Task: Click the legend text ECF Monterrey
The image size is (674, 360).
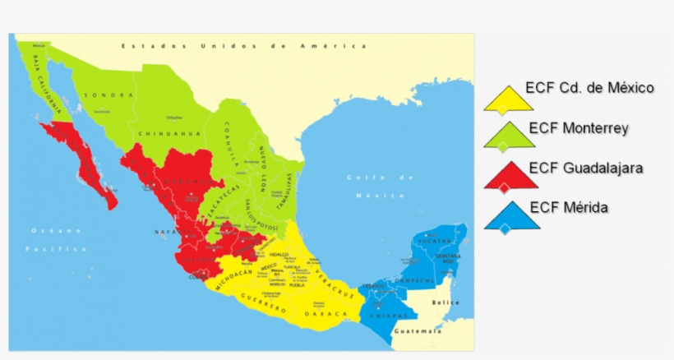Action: [x=579, y=128]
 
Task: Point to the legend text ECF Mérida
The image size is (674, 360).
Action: [x=569, y=207]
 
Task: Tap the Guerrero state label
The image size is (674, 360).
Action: [x=264, y=305]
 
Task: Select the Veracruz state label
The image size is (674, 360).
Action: [x=336, y=284]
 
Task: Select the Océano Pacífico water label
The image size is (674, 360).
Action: [x=58, y=239]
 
